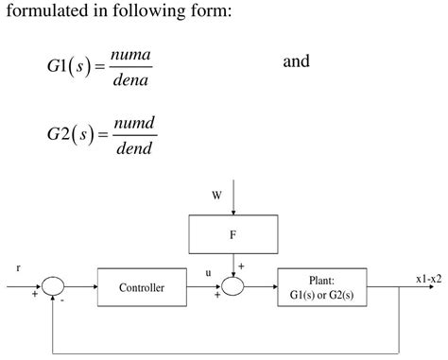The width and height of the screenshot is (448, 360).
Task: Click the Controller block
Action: click(141, 287)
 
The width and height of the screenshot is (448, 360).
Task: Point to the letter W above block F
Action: click(216, 197)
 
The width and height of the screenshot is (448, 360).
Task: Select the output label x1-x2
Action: click(428, 278)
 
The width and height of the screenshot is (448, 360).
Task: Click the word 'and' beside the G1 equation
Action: click(296, 62)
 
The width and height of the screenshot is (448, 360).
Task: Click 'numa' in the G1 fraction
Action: click(130, 57)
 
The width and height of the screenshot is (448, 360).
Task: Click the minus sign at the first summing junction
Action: click(62, 301)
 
